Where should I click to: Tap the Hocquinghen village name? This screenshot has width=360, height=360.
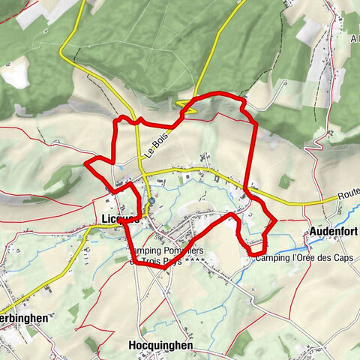[160, 346]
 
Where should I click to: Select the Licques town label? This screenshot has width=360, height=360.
[117, 219]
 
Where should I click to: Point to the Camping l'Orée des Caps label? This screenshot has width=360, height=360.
[304, 259]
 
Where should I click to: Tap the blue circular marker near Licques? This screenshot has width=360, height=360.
[152, 201]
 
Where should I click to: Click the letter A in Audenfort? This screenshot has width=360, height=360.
[313, 230]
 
